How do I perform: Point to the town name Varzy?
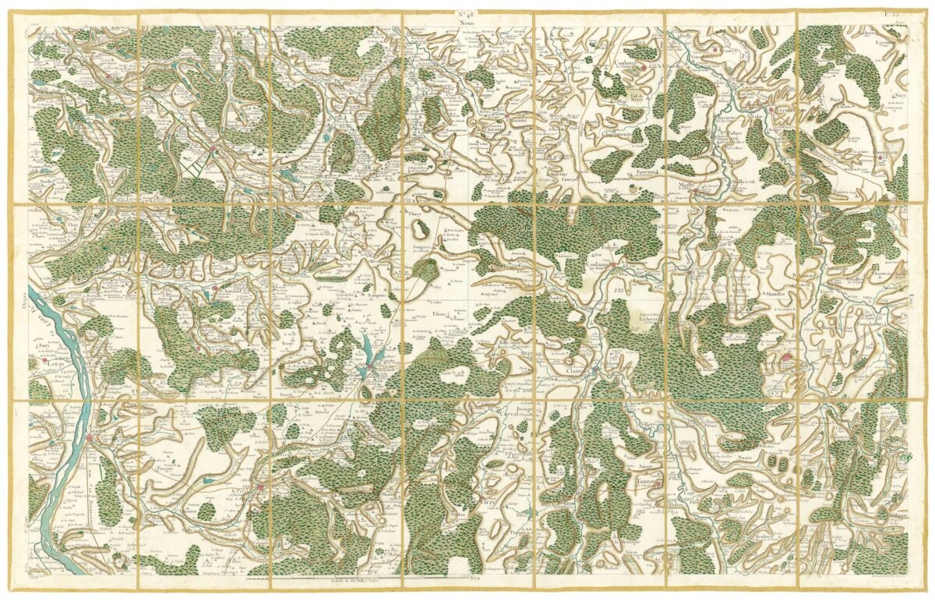(489, 504)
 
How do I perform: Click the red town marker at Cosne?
(90, 439)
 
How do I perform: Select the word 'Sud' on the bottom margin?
(466, 581)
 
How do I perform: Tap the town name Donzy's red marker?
(262, 489)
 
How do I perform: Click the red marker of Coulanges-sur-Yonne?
(613, 266)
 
